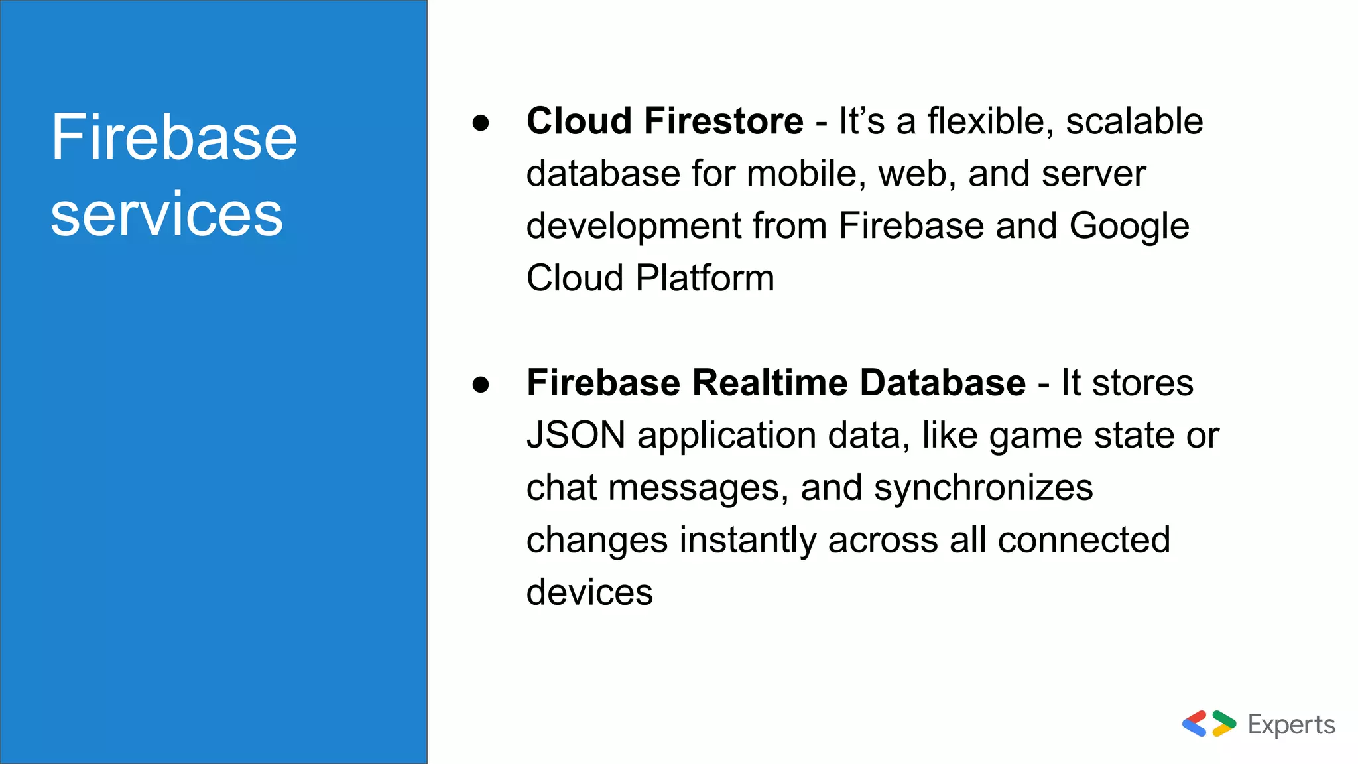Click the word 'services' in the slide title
[166, 214]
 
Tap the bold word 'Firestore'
[723, 121]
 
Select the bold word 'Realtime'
[770, 383]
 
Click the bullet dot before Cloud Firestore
[481, 123]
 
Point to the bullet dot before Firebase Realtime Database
[481, 385]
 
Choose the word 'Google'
[1129, 226]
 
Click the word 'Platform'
[705, 278]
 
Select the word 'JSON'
[576, 436]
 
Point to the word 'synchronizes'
[983, 488]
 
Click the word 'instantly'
[748, 541]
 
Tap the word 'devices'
[589, 592]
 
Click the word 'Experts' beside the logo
[1291, 725]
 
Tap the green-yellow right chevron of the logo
[1223, 724]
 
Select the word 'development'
[633, 226]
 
